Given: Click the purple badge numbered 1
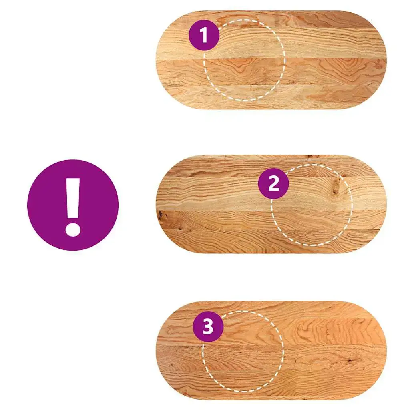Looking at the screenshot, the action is tap(204, 35).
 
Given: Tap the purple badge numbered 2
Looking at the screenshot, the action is tap(273, 183).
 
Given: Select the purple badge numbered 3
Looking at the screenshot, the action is tap(208, 326).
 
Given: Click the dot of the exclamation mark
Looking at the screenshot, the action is tap(73, 229).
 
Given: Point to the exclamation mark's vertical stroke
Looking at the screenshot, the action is tap(73, 198).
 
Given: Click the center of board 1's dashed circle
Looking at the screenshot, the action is tap(244, 60).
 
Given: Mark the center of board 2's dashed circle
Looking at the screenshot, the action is tap(312, 205).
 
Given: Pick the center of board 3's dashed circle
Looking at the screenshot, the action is tap(243, 351).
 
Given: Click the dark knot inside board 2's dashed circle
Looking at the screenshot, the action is tap(336, 187).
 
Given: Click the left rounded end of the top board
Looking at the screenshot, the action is tap(167, 60).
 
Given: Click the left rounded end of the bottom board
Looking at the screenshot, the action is tap(167, 350).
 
